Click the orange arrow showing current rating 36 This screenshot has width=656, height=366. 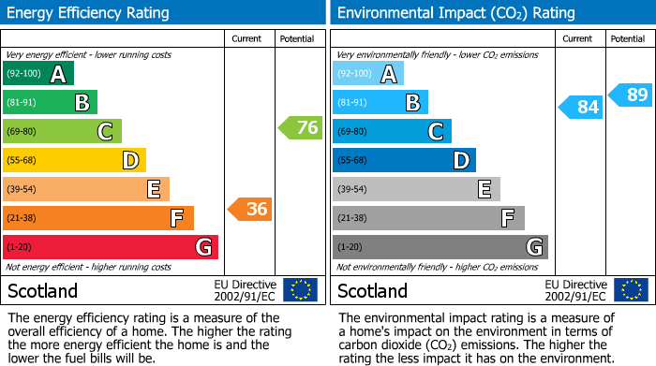coord(250,210)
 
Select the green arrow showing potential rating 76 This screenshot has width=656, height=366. coord(301,128)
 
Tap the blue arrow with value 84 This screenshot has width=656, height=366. coord(580,107)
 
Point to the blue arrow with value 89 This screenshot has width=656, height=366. coord(630,95)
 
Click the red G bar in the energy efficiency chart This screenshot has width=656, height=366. coord(111,247)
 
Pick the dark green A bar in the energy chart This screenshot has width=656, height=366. coord(38,74)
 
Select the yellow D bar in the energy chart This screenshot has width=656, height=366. coord(74,160)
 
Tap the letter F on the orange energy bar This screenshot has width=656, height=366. coord(176,219)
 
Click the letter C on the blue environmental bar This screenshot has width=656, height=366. coord(435,132)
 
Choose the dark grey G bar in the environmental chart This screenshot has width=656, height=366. coord(440,247)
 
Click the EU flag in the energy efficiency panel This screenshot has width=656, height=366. coord(300,290)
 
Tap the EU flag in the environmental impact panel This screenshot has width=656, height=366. coord(631,290)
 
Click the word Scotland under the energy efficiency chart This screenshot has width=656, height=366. coord(42,291)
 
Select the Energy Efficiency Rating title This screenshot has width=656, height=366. coord(89,13)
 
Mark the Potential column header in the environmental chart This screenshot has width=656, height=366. coord(627,39)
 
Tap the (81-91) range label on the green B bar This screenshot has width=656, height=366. coord(21,103)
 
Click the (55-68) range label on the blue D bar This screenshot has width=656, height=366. coord(351,161)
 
